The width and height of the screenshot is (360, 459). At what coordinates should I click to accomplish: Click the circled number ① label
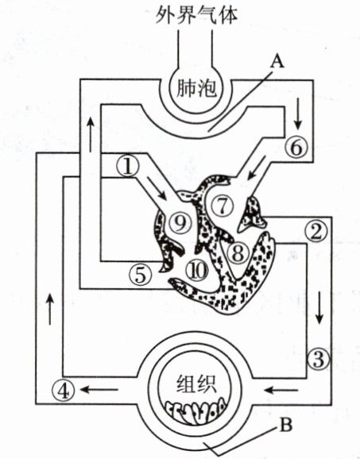(128, 166)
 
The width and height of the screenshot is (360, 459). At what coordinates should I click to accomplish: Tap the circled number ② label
(315, 232)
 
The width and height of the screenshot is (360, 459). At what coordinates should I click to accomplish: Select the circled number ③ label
(319, 359)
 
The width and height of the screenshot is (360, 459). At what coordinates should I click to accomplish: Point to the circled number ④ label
(64, 391)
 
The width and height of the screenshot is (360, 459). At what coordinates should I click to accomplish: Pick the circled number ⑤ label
(141, 274)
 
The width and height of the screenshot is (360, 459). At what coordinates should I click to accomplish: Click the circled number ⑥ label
(296, 147)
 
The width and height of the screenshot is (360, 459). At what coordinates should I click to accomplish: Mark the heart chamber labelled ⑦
(223, 205)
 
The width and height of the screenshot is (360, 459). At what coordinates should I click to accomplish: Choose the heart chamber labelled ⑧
(238, 253)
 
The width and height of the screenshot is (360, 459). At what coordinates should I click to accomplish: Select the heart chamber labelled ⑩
(197, 270)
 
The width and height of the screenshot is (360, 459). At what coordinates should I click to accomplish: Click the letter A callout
(277, 62)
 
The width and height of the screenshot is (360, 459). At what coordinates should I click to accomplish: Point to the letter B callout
(285, 425)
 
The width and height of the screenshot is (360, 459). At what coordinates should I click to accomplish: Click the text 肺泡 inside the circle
(196, 88)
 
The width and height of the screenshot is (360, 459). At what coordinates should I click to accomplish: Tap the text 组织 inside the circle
(196, 384)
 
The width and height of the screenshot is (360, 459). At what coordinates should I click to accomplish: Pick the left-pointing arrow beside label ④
(99, 390)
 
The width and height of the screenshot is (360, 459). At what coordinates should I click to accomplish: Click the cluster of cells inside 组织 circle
(195, 411)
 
